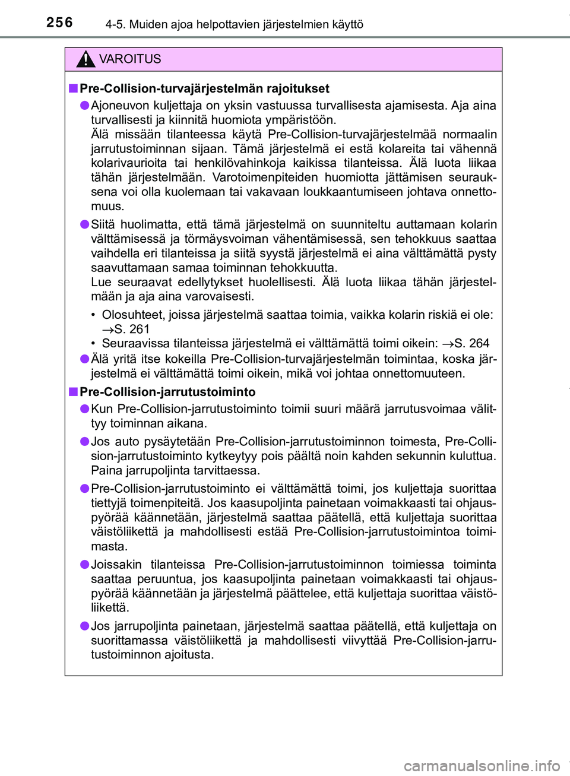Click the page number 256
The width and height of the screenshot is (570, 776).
pos(59,23)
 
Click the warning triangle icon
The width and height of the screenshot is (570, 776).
pos(86,59)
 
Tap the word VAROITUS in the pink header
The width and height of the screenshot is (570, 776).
pos(130,59)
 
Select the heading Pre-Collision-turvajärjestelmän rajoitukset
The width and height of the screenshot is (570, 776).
pos(204,88)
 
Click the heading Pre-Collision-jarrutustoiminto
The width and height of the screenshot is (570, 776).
pos(167,392)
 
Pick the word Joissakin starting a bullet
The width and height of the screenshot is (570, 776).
pos(116,565)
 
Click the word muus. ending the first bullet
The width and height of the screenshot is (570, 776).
pos(107,206)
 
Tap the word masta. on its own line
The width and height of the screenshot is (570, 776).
pos(109,546)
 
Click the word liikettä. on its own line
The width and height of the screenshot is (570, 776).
pos(110,607)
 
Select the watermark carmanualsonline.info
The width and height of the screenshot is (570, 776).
pos(482,765)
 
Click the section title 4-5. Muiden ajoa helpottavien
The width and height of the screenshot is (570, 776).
pos(234,24)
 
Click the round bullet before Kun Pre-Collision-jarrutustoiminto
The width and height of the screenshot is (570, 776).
pos(85,409)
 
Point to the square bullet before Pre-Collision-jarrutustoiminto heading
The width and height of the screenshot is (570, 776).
pos(73,392)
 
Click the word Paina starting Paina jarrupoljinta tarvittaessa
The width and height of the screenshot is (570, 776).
pos(107,470)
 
